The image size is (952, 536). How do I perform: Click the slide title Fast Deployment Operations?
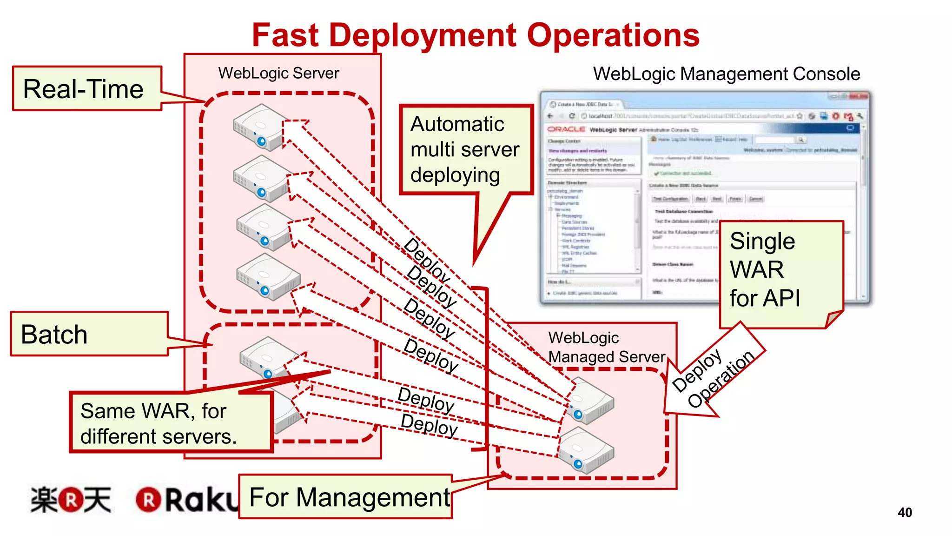[x=476, y=35]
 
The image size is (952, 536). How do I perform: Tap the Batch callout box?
[x=88, y=334]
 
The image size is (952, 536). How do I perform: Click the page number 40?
[x=905, y=512]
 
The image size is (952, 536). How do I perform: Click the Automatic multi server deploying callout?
[x=465, y=149]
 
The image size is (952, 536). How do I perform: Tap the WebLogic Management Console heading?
[x=726, y=74]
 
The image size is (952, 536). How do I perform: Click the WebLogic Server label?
[x=278, y=73]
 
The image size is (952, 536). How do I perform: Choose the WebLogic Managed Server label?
[x=606, y=347]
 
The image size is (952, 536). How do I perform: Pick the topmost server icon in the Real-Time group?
[x=259, y=127]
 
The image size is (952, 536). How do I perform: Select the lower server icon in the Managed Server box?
[x=586, y=450]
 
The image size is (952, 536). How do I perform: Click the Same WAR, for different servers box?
[x=170, y=422]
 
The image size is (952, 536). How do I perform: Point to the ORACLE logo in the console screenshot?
[x=566, y=129]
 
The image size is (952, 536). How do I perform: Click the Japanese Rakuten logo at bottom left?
[x=71, y=500]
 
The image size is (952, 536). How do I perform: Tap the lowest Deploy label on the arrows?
[x=429, y=425]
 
